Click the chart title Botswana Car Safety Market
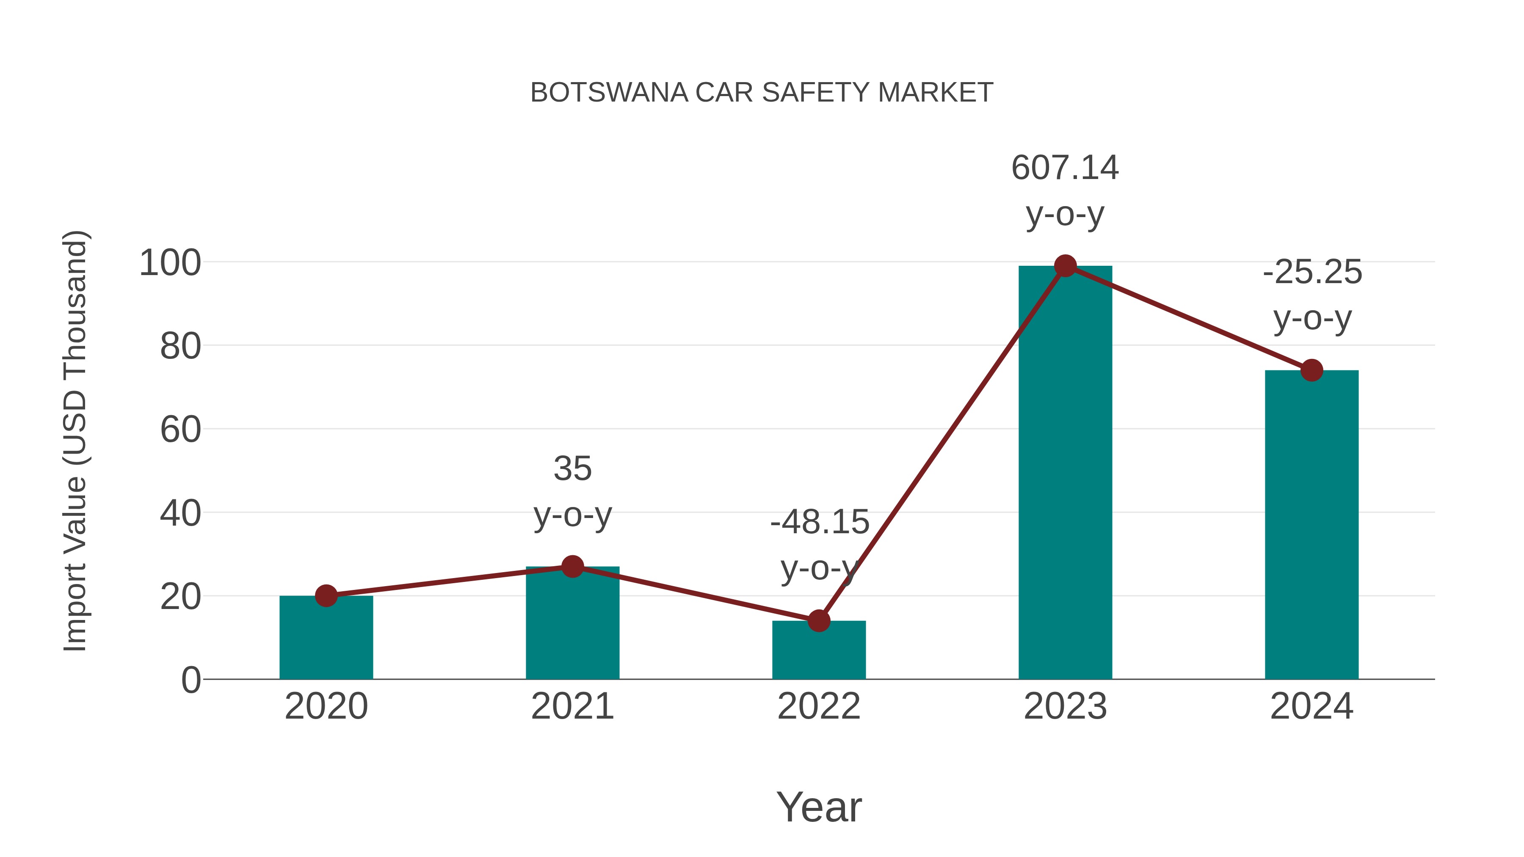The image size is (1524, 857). tap(762, 93)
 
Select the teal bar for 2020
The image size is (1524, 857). tap(326, 639)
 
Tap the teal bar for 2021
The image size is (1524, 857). tap(572, 627)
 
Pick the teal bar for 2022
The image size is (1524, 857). tap(819, 650)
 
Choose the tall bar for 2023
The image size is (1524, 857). tap(1065, 473)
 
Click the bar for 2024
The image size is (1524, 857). tap(1311, 526)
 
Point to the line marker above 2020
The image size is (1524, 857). tap(326, 595)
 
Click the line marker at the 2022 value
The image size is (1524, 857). tap(819, 620)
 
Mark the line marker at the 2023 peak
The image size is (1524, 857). tap(1065, 266)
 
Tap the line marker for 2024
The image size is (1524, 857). tap(1311, 370)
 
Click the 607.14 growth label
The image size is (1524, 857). tap(1065, 168)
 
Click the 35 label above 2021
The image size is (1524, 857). tap(572, 469)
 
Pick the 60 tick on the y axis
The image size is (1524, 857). tap(180, 430)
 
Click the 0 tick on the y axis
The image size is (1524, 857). tap(190, 680)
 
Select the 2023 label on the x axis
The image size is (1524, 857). tap(1065, 707)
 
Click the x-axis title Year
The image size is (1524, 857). tap(819, 807)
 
